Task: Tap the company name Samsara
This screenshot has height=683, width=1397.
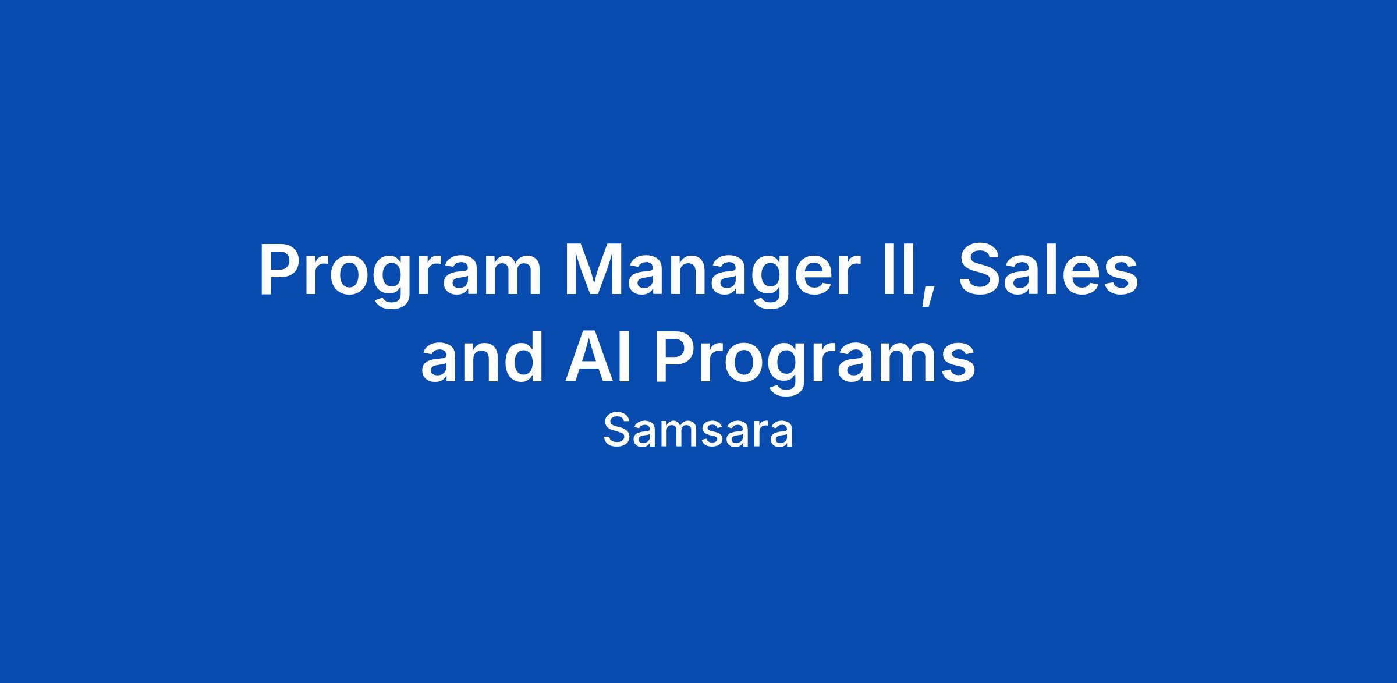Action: (698, 431)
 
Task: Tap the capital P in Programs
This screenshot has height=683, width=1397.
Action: (675, 357)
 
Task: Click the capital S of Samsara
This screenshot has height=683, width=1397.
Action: (615, 431)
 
